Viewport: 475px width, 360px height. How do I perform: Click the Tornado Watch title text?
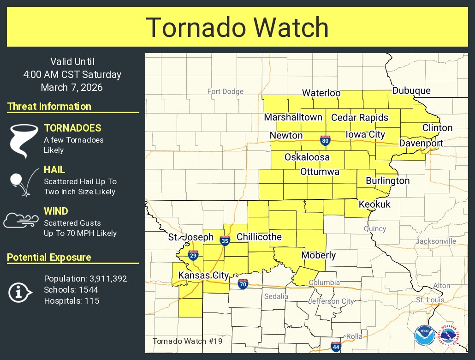point(237,27)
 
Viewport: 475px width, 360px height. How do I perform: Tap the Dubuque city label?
point(411,90)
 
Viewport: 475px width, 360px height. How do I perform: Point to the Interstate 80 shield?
point(325,140)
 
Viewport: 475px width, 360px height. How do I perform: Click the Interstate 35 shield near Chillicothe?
point(225,240)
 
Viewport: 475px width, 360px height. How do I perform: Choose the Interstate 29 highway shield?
point(193,255)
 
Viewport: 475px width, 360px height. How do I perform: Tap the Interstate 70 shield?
point(243,284)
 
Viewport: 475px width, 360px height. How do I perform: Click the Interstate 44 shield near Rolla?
point(336,346)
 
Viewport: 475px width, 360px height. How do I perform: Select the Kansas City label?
point(203,276)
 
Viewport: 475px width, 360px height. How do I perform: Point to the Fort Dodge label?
point(225,91)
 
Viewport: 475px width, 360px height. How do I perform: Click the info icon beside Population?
point(20,292)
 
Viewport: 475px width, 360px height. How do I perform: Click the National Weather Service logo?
point(448,336)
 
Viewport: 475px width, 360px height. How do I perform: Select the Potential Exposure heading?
point(49,258)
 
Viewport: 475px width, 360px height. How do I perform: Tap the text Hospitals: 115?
point(71,301)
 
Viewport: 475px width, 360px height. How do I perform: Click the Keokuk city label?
point(374,204)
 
